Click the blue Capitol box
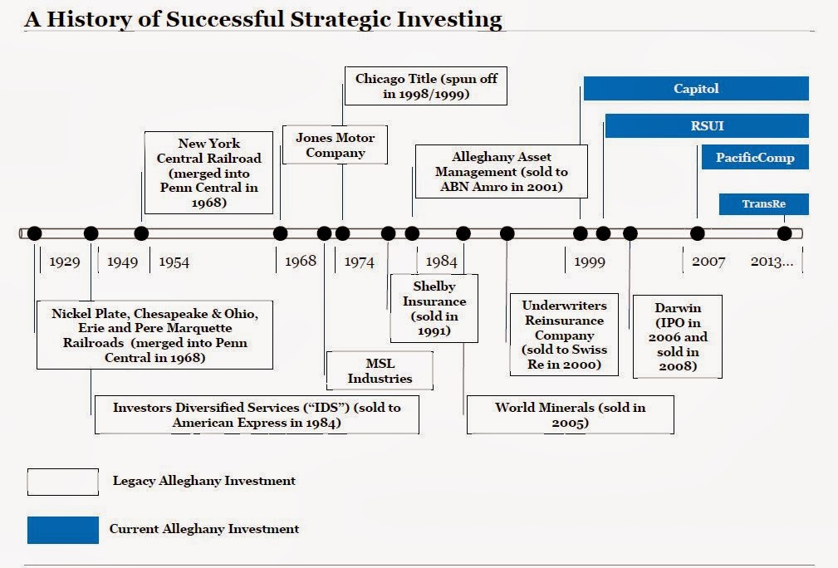click(696, 88)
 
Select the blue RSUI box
click(707, 125)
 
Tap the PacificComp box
click(755, 157)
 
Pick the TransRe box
click(764, 204)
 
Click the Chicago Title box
click(426, 86)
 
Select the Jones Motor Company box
click(335, 144)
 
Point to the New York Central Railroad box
click(209, 173)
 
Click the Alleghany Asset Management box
click(502, 172)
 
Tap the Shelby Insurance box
click(434, 308)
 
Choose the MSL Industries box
click(380, 371)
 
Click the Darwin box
click(678, 336)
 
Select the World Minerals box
click(571, 414)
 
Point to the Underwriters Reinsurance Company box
click(565, 335)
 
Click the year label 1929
click(65, 262)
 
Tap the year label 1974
click(359, 262)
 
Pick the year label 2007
click(708, 262)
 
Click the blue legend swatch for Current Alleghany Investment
click(63, 530)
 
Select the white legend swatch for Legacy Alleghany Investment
click(63, 482)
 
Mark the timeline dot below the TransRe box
click(784, 233)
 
